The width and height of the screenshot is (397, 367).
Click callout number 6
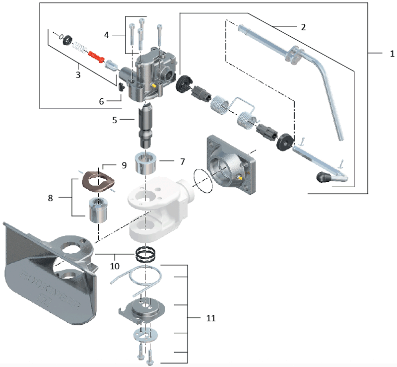[101, 101]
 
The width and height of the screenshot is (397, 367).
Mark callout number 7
[182, 162]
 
